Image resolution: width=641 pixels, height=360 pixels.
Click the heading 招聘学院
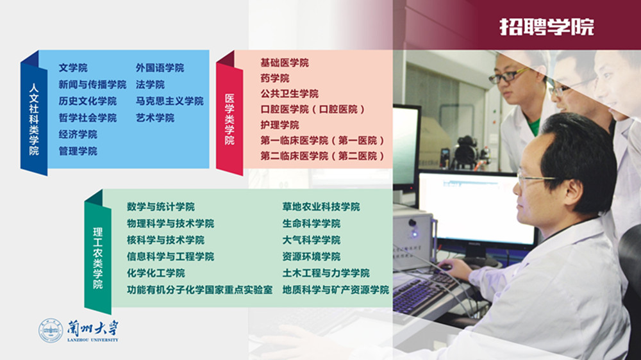[547, 27]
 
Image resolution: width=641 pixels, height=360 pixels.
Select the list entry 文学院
[73, 68]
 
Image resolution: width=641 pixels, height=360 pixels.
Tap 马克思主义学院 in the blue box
[170, 101]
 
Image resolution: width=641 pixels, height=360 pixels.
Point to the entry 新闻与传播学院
[92, 85]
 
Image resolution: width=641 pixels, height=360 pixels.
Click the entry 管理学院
[78, 151]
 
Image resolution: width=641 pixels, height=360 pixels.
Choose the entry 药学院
[275, 78]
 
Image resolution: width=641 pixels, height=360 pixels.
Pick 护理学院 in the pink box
[279, 125]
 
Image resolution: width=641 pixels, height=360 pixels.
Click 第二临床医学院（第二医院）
[322, 156]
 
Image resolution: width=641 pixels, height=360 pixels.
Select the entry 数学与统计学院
[161, 207]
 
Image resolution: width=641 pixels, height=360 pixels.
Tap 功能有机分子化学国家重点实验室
[199, 290]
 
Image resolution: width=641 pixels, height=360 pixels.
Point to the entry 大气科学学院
[311, 240]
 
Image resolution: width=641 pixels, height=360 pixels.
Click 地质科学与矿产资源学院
[336, 290]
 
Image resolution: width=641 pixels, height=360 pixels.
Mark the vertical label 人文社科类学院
[33, 119]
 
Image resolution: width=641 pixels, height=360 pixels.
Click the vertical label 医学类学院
[229, 119]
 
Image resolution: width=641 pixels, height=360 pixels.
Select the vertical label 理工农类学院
[97, 258]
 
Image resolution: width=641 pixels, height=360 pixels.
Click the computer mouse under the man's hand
[445, 268]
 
